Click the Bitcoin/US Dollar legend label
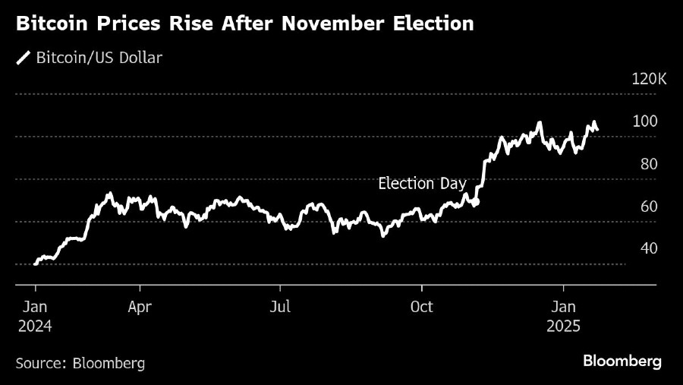point(99,58)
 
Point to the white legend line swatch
point(24,58)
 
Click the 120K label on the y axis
point(649,79)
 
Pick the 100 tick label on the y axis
point(645,121)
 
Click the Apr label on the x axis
point(140,308)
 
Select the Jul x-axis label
point(281,308)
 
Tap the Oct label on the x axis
point(421,308)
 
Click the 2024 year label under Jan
point(35,327)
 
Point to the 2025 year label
point(562,327)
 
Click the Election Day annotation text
point(422,184)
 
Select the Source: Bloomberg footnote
point(80,363)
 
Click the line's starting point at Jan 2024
point(36,264)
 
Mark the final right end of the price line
point(597,130)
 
